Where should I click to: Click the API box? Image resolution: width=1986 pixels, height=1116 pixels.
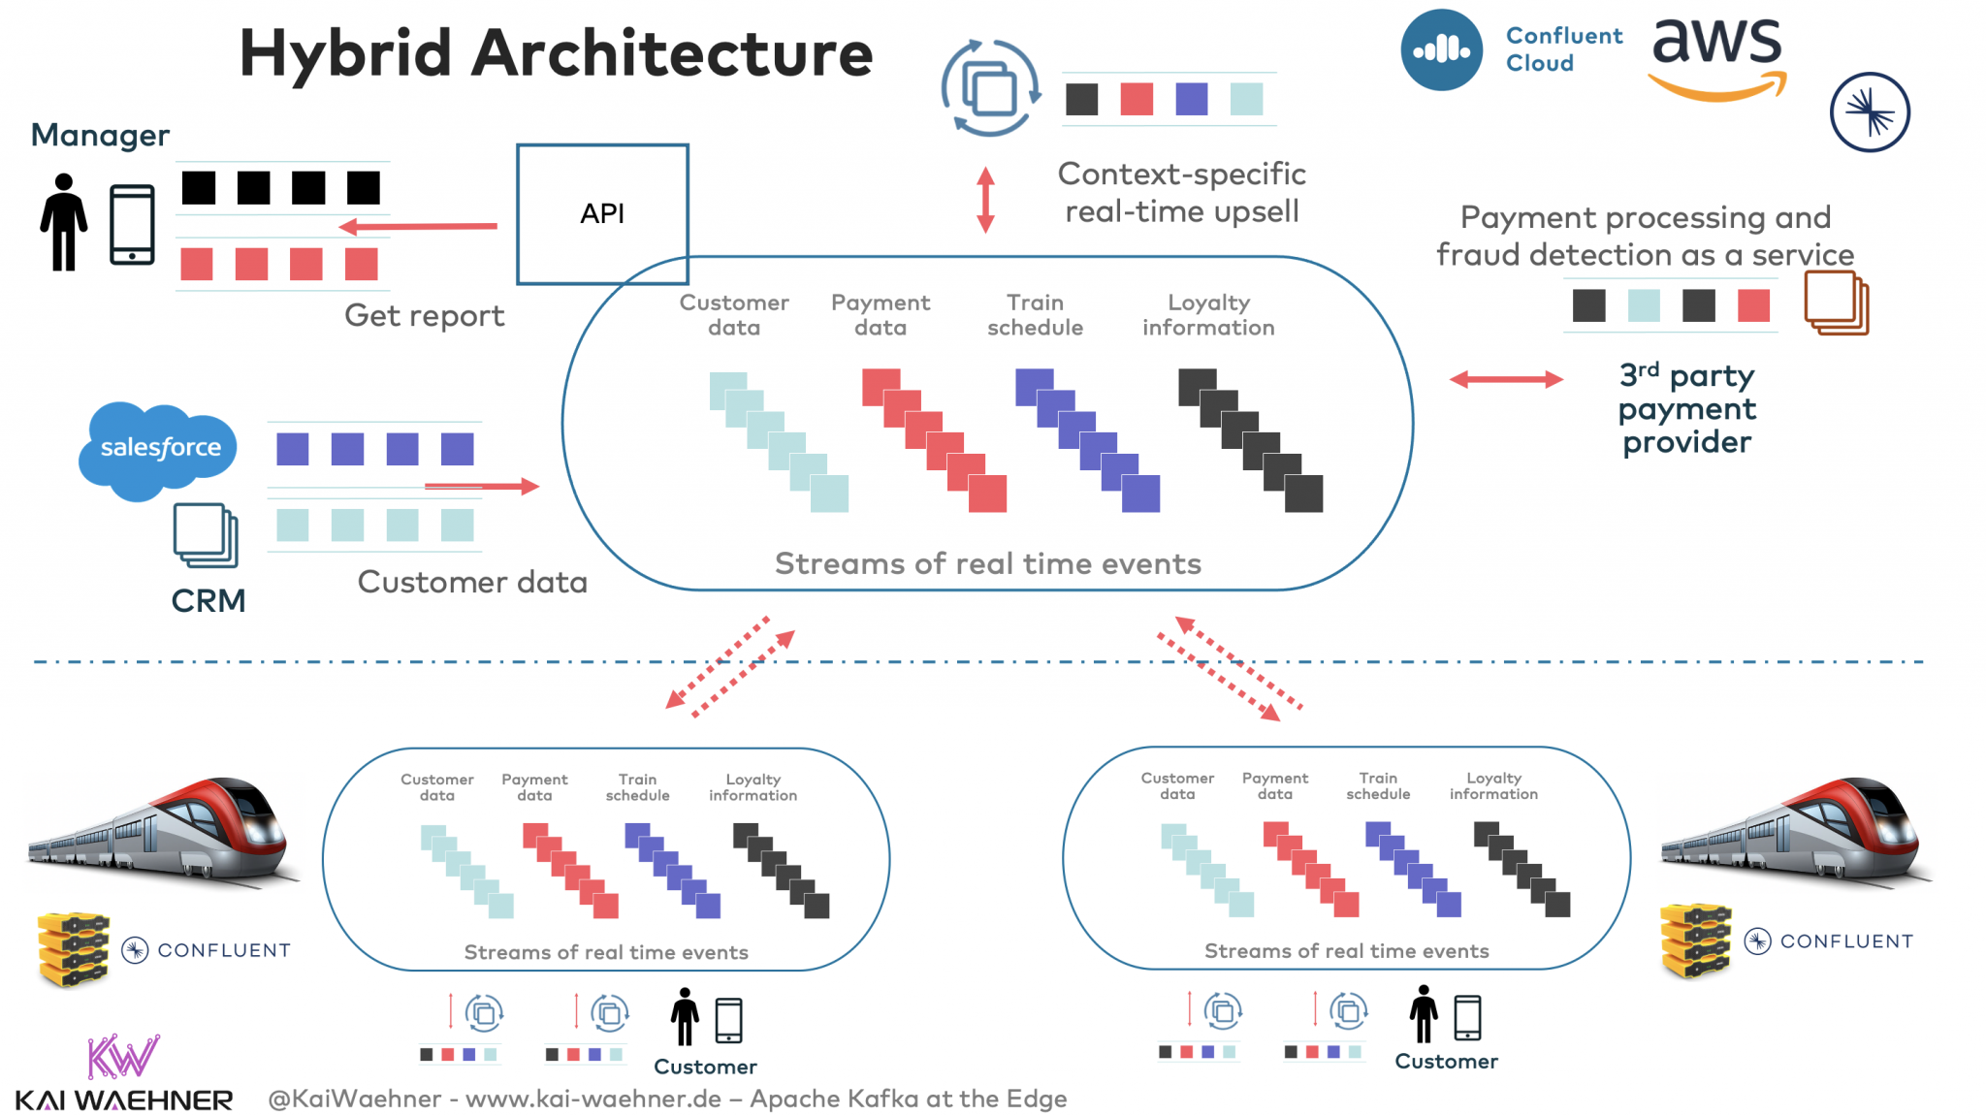click(x=602, y=213)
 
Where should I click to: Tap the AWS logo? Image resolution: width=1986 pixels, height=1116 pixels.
click(x=1716, y=58)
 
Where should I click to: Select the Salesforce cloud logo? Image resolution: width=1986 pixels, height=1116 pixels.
click(x=159, y=448)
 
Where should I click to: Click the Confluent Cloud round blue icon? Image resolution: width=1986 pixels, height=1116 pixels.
click(x=1441, y=50)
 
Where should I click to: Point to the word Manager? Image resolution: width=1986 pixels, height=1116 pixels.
click(x=100, y=135)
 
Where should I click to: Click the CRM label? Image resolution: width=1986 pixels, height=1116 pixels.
click(x=208, y=601)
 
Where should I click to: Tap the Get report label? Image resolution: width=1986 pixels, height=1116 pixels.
click(x=424, y=316)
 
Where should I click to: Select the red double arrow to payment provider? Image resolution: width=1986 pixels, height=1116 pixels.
click(x=1505, y=379)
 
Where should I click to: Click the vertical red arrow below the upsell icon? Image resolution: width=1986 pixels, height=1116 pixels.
click(x=985, y=200)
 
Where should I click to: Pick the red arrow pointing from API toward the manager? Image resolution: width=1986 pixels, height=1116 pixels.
click(x=417, y=227)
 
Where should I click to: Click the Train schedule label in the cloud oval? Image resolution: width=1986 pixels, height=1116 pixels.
click(x=1035, y=315)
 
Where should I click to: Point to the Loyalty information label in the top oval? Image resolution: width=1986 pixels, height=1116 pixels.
click(x=1207, y=315)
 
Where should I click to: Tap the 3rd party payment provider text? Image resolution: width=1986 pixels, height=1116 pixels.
click(x=1686, y=408)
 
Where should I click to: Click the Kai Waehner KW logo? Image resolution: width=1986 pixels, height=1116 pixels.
click(x=122, y=1058)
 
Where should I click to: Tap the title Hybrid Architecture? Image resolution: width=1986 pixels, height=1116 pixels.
click(x=556, y=53)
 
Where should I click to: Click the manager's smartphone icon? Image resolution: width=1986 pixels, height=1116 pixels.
click(x=132, y=225)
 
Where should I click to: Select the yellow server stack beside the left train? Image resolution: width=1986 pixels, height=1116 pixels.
click(x=73, y=948)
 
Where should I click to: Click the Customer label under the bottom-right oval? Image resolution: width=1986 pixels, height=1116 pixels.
click(x=1446, y=1062)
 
